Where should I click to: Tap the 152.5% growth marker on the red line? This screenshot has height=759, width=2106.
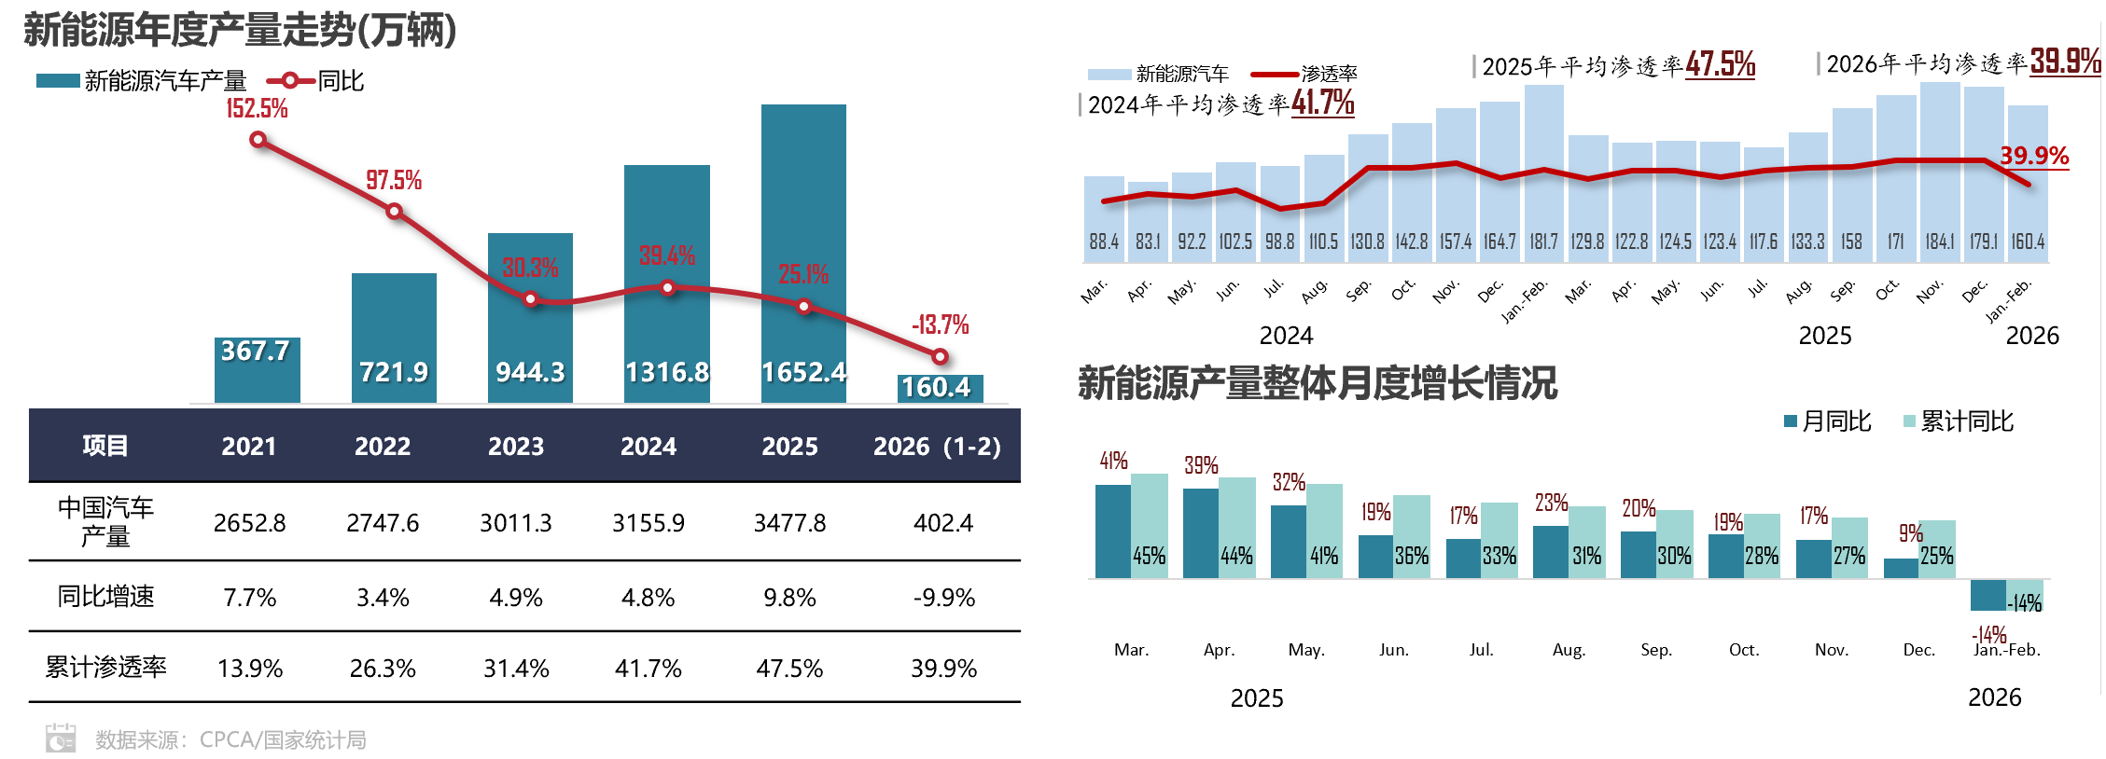coord(258,140)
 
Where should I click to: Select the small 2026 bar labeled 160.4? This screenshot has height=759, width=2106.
coord(940,388)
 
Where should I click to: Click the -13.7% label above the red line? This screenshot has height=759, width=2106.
coord(940,324)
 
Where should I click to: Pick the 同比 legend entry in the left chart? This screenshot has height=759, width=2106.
coord(317,81)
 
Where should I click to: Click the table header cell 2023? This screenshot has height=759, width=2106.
coord(516,446)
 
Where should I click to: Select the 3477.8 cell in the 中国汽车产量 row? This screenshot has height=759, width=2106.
coord(789,523)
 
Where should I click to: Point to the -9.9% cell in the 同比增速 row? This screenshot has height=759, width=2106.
coord(943,598)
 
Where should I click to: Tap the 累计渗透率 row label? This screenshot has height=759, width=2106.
coord(105,668)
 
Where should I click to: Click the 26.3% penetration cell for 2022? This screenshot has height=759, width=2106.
coord(383,669)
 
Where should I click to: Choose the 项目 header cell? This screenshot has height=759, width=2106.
coord(105,446)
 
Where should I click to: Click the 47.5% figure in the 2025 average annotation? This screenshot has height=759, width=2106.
coord(1720,64)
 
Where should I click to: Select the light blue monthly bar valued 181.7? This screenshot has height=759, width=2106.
coord(1543,168)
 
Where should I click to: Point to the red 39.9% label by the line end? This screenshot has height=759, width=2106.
coord(2033,156)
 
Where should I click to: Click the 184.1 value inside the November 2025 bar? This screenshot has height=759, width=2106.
coord(1939,241)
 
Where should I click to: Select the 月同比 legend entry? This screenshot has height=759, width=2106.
coord(1827,421)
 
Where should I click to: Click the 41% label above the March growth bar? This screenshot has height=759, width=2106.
coord(1113,461)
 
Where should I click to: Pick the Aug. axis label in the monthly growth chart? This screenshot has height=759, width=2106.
coord(1569,650)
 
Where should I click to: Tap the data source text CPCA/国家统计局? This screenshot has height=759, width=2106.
coord(282,740)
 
